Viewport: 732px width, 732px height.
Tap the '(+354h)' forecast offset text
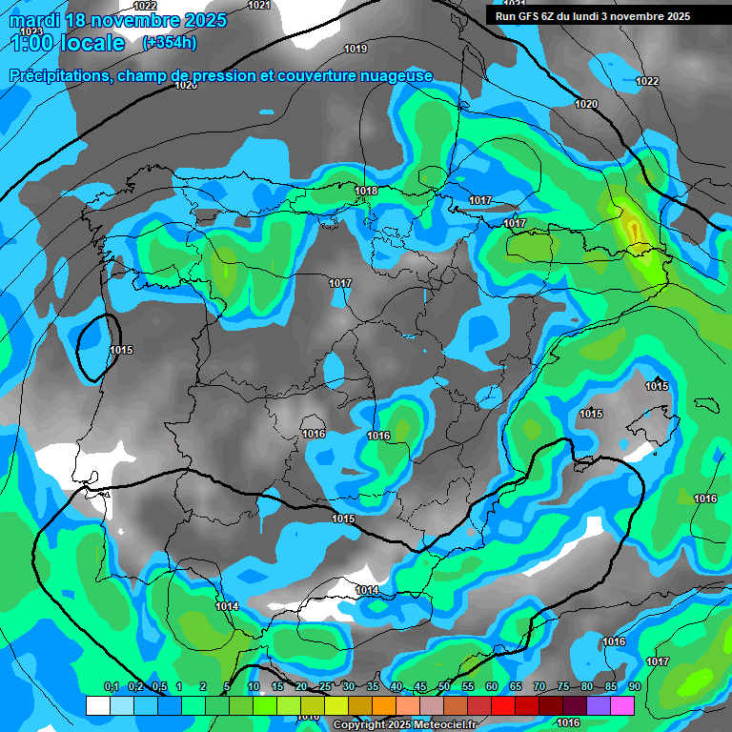[169, 43]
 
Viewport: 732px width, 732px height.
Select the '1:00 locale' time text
[67, 43]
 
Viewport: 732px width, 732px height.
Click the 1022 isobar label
[647, 81]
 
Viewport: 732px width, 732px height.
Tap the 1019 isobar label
[356, 49]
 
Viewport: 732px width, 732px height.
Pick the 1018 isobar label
[366, 192]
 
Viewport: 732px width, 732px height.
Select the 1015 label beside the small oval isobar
[121, 351]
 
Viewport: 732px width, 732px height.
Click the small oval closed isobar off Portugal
[93, 348]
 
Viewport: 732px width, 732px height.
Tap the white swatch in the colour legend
[97, 705]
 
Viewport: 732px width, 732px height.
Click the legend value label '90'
[635, 687]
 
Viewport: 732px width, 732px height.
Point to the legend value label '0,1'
[112, 687]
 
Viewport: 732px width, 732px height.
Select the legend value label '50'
[444, 687]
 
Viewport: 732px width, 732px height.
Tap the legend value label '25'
[325, 687]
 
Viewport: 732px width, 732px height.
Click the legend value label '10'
[254, 687]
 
